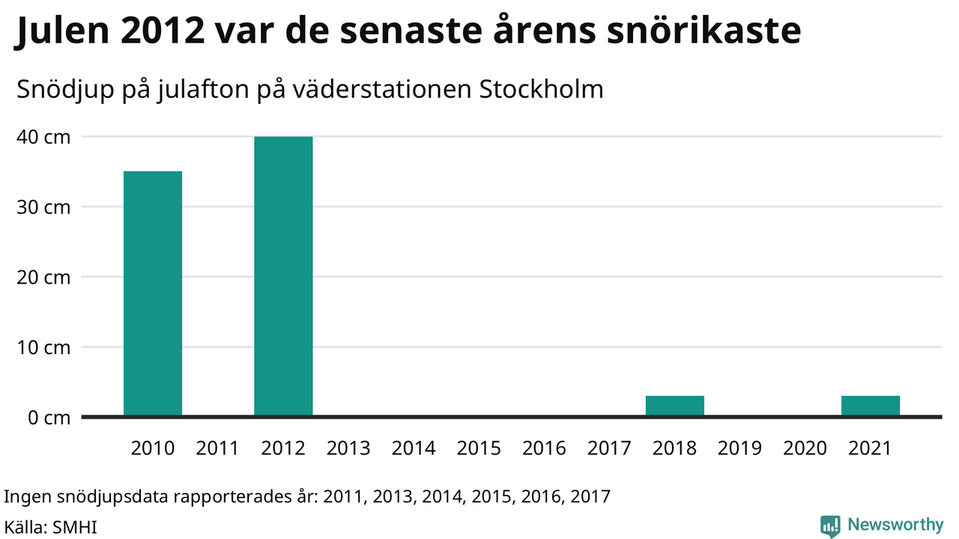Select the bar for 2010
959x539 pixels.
pyautogui.click(x=153, y=293)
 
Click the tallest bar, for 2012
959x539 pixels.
pyautogui.click(x=283, y=276)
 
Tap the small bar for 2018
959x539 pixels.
pyautogui.click(x=675, y=406)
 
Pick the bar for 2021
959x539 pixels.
pyautogui.click(x=871, y=406)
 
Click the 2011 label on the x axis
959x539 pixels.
pyautogui.click(x=217, y=448)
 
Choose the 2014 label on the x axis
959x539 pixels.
pyautogui.click(x=414, y=448)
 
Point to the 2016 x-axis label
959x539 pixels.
pyautogui.click(x=544, y=448)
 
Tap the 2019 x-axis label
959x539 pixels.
pyautogui.click(x=739, y=448)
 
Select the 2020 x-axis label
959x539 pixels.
pyautogui.click(x=805, y=448)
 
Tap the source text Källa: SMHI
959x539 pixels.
pyautogui.click(x=51, y=527)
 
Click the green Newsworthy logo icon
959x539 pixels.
pyautogui.click(x=830, y=526)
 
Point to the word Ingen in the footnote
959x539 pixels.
pyautogui.click(x=25, y=496)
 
